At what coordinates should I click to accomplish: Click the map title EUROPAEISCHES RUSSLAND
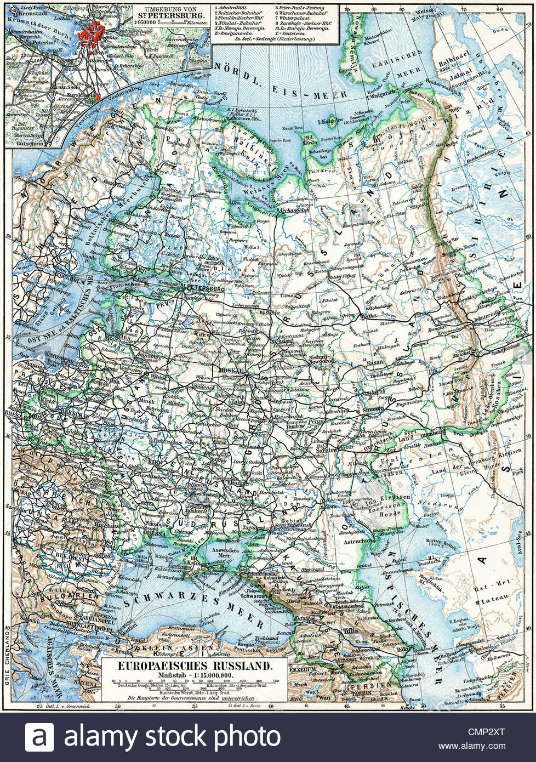[188, 666]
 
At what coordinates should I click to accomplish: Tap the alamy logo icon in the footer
[39, 737]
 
